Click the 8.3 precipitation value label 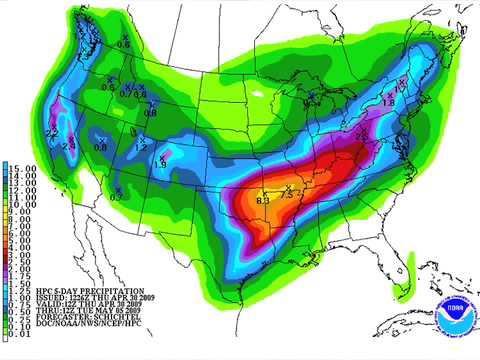click(x=263, y=202)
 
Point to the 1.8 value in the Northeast click(x=388, y=102)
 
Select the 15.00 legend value click(x=24, y=166)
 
